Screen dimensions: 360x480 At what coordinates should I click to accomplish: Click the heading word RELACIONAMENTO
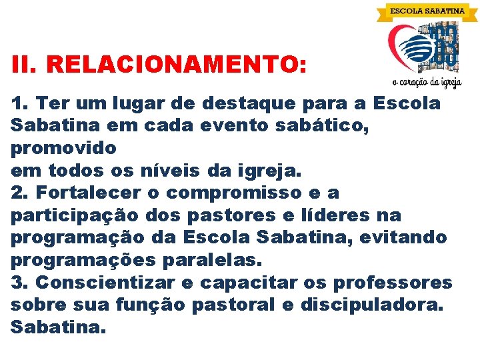[178, 65]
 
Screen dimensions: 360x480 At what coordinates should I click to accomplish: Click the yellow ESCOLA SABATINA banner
[427, 11]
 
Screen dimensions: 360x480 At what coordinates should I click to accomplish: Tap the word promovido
[63, 147]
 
